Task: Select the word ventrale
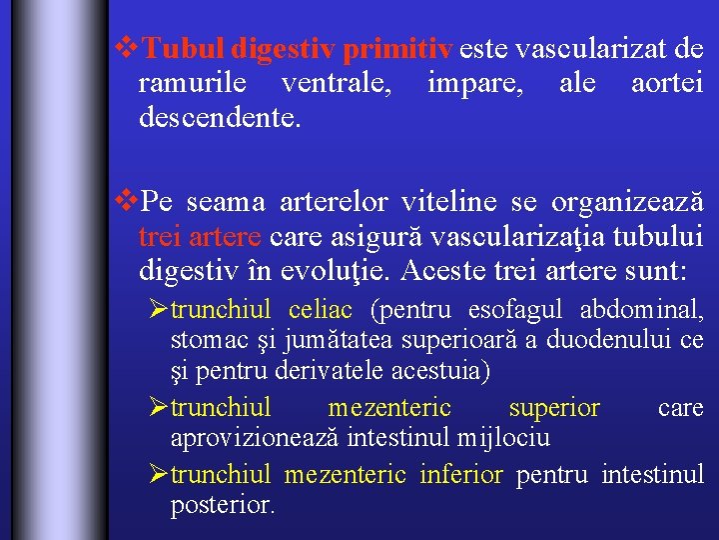pos(336,84)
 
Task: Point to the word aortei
pos(667,84)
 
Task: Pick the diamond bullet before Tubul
pos(127,47)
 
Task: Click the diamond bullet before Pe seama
pos(127,201)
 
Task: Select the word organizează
pos(623,202)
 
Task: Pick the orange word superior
pos(554,408)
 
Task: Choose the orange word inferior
pos(461,474)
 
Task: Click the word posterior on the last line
pos(222,506)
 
